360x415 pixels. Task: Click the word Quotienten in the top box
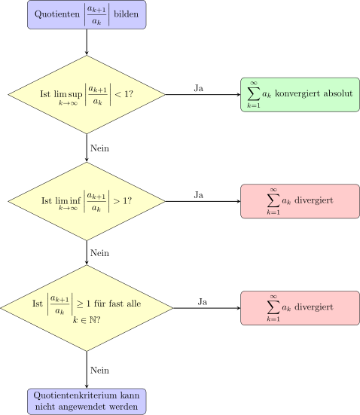57,14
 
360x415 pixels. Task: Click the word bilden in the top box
126,14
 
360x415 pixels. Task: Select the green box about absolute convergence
300,95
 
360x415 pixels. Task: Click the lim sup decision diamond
87,94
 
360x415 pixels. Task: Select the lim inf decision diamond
87,201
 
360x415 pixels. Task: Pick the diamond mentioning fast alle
87,308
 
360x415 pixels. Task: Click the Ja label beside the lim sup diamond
199,88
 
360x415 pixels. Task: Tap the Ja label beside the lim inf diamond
199,195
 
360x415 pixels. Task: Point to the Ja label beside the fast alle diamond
203,302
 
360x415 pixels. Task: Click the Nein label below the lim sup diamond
99,148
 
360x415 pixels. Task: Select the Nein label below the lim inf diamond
99,253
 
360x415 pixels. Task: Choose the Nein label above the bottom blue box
99,371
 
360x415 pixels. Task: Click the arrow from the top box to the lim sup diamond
87,42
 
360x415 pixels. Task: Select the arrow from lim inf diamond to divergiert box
203,201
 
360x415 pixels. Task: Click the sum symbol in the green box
253,94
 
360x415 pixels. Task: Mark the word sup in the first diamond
75,94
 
